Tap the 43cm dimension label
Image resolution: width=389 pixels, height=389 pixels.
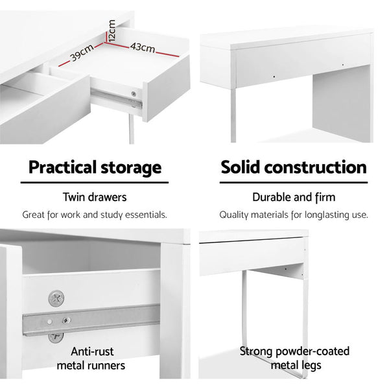142,47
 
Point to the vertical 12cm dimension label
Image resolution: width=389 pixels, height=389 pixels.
112,30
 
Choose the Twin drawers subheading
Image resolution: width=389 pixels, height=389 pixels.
95,197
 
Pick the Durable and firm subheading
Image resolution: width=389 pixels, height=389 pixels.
294,197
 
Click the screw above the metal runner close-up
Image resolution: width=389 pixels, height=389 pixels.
56,299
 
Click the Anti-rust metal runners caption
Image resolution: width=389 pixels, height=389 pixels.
95,359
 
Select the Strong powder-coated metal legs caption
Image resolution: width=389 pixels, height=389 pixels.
294,359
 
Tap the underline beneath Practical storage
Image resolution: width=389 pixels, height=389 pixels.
95,183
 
